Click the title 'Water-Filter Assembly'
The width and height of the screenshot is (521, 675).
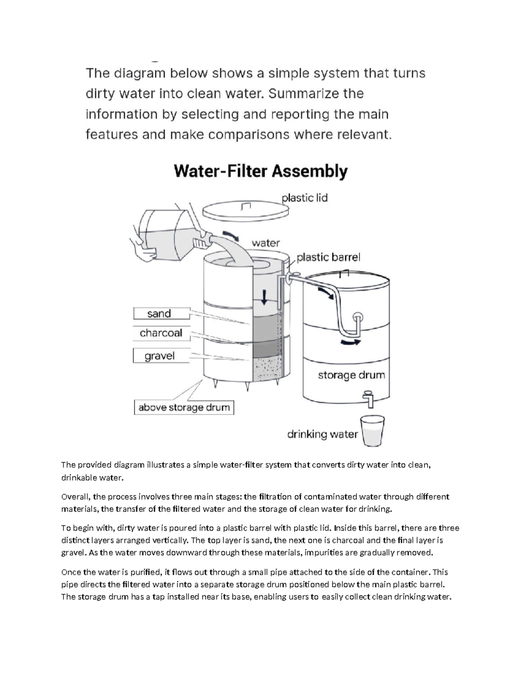point(260,171)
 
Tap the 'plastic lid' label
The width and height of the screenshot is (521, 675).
point(304,198)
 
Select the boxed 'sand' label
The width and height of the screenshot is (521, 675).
point(159,313)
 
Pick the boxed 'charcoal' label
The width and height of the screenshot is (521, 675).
point(161,333)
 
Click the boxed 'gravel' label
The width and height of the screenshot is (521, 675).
point(159,356)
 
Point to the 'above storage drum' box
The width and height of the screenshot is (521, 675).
point(184,408)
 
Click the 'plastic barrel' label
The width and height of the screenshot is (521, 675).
point(328,257)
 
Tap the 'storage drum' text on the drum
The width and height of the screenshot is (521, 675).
point(351,375)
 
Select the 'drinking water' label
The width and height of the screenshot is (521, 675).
point(322,434)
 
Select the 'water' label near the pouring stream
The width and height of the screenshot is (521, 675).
point(266,243)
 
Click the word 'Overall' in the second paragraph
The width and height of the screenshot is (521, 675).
point(76,497)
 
